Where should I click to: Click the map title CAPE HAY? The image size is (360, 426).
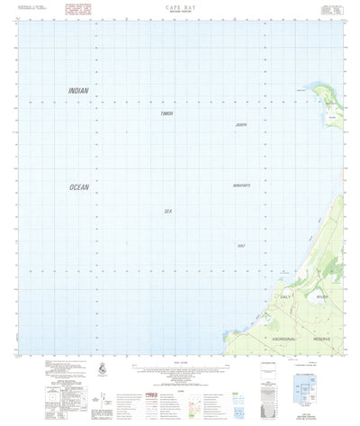coord(180,6)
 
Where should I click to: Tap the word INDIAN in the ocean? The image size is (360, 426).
coord(80,91)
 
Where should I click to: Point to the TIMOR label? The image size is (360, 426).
coord(166,114)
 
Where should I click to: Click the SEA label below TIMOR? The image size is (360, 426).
coord(166,211)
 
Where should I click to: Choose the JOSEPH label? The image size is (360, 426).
coord(239,124)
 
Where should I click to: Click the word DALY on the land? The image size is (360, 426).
coord(287,296)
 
